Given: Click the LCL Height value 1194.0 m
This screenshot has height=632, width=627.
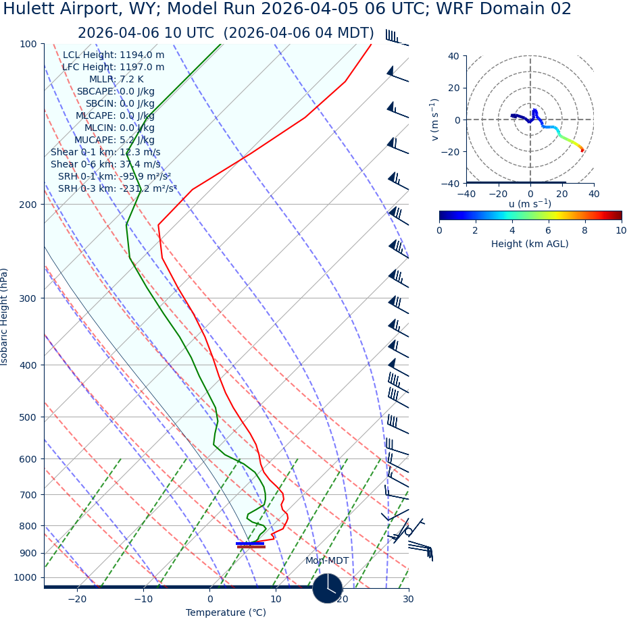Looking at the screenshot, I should coord(142,55).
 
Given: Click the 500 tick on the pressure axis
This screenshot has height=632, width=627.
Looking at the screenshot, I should coord(28,418).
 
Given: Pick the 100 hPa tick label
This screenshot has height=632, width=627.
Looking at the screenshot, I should coord(28,45).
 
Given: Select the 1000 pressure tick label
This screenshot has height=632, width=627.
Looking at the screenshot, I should coord(25,578).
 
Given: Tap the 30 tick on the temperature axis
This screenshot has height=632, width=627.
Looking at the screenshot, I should coord(408,600).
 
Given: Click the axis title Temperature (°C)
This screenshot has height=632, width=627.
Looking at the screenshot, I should coord(226,613).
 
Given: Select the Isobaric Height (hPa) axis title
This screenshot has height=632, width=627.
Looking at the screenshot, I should coord(5,317).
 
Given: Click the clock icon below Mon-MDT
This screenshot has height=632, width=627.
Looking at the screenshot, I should coord(328,588).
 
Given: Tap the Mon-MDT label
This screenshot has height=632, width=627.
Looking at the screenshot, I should coord(327,561).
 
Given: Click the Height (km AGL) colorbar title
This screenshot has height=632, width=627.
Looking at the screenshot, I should coord(530,244).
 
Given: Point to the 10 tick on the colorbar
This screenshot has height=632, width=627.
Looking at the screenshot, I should coord(621,231).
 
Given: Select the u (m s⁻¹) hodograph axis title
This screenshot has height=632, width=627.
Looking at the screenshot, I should coord(530,204).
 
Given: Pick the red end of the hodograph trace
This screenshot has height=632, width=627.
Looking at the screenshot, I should coord(582,150).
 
